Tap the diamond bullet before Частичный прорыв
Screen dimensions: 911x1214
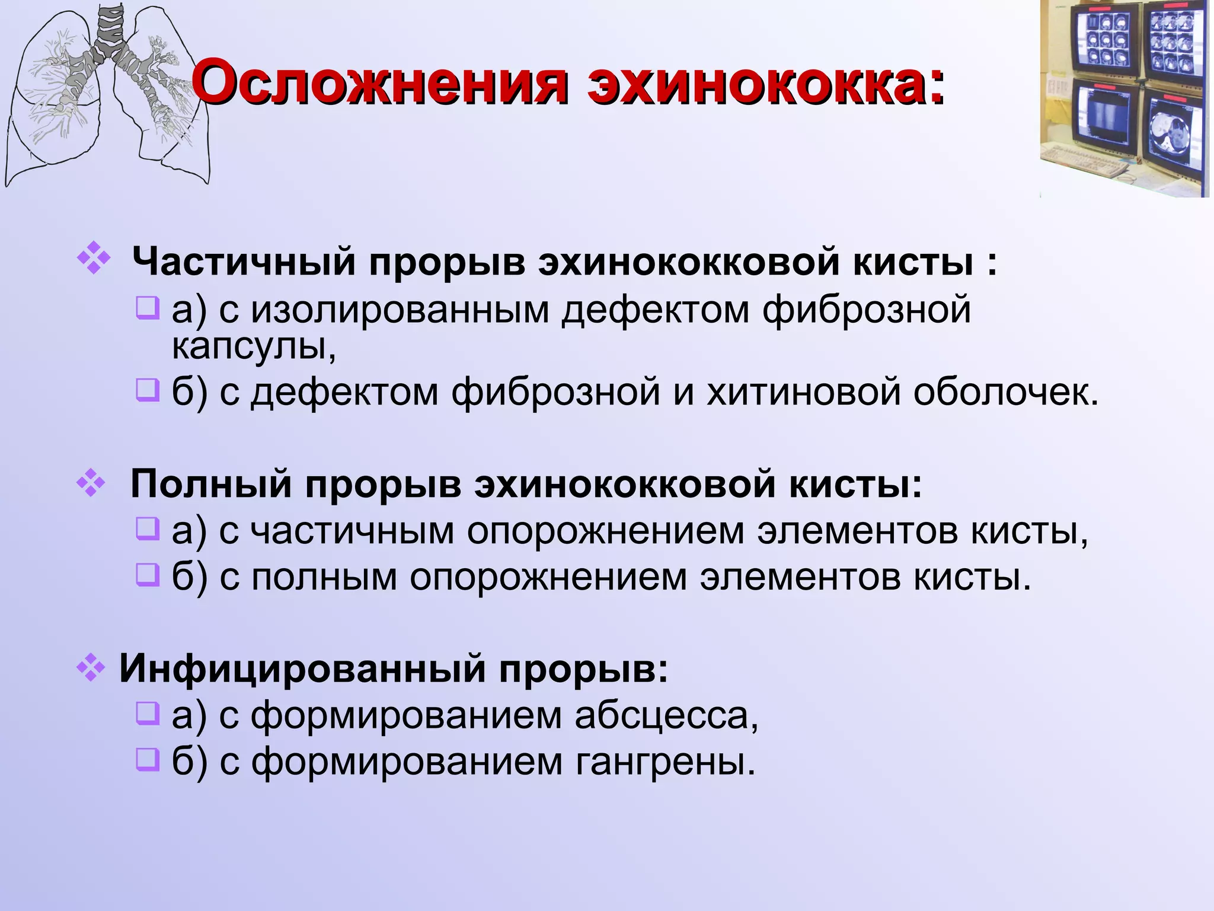tap(94, 259)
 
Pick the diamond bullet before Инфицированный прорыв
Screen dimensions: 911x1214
tap(91, 668)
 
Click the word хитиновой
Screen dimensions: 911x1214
tap(804, 392)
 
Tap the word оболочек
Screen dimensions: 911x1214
tap(1005, 392)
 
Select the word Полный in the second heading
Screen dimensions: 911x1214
tap(211, 484)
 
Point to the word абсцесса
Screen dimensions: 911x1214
tap(666, 715)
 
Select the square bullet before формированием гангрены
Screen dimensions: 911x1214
tap(147, 760)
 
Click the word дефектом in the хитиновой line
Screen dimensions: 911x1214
tap(344, 392)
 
